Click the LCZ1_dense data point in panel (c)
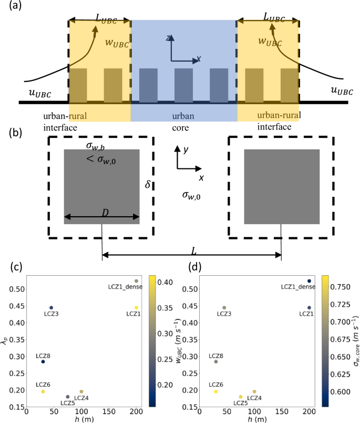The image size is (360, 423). pyautogui.click(x=136, y=281)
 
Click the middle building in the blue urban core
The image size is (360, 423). pyautogui.click(x=183, y=84)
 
